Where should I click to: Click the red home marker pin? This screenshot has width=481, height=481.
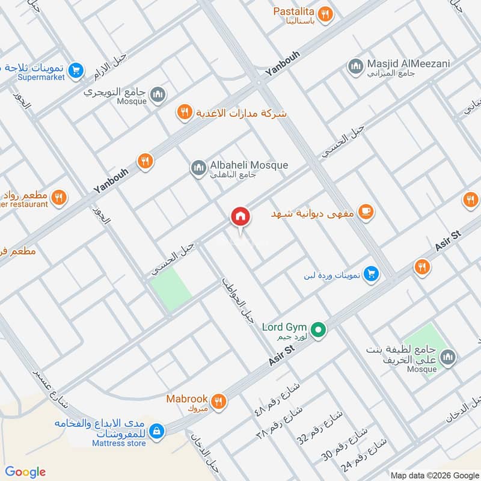coord(240,217)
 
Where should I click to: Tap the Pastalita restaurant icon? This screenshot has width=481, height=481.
coord(325,15)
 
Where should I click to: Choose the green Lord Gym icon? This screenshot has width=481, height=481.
coord(321,329)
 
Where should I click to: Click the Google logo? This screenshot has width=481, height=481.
coord(25,471)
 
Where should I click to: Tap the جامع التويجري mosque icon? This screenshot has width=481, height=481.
coord(158,94)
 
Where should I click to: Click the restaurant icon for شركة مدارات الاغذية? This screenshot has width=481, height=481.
coord(184,112)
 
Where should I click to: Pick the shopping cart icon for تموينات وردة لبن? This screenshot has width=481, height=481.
coord(372,274)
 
